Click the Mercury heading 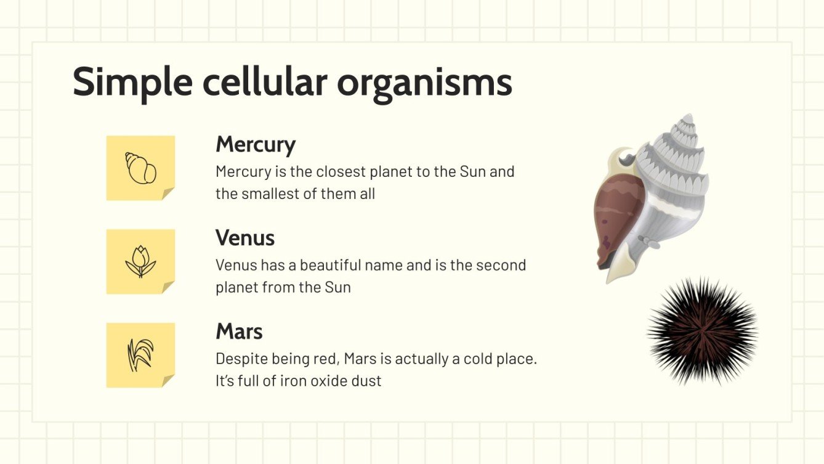point(256,145)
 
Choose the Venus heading point(245,238)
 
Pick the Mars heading point(239,332)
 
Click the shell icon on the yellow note point(140,168)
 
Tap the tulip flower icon point(140,261)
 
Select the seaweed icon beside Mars point(140,355)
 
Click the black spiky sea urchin point(703,331)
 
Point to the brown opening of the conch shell point(616,218)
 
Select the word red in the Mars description point(328,359)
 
